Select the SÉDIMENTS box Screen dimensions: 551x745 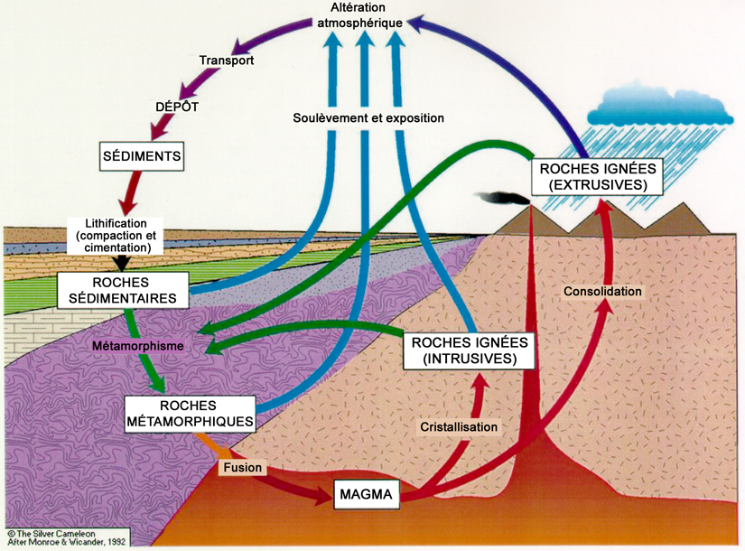click(142, 156)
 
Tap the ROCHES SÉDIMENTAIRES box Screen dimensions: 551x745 click(122, 289)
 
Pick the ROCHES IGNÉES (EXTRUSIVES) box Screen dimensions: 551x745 click(597, 176)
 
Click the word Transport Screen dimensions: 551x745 click(227, 61)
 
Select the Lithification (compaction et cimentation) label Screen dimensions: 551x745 click(116, 234)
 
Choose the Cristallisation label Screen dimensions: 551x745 click(459, 425)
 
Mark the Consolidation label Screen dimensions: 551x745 click(602, 292)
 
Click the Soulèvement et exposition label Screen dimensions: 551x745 click(368, 118)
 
